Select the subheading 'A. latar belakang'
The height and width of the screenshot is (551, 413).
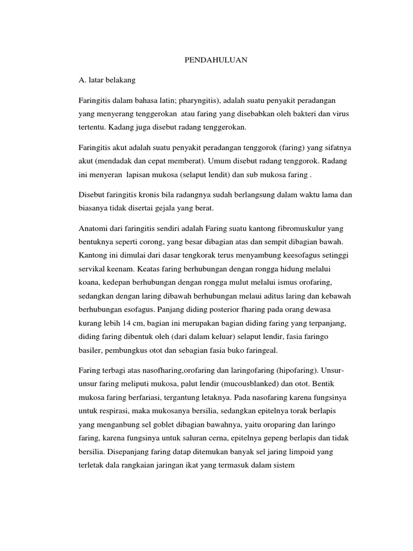(x=107, y=81)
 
